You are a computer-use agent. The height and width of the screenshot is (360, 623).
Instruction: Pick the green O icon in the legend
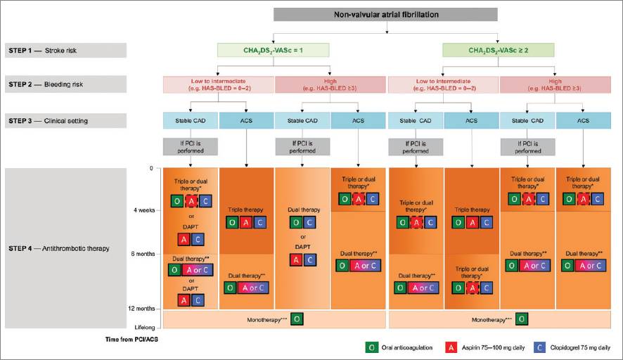tap(370, 347)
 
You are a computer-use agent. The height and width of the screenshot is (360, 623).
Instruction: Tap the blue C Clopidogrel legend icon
tap(540, 347)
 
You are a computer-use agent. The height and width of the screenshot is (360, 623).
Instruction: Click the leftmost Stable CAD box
tap(190, 120)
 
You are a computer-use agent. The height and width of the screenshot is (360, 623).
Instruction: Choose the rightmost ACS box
tap(584, 120)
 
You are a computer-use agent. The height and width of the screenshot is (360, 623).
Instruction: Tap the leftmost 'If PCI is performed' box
tap(190, 146)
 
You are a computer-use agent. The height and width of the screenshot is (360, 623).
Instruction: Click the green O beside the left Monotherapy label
tap(297, 319)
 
